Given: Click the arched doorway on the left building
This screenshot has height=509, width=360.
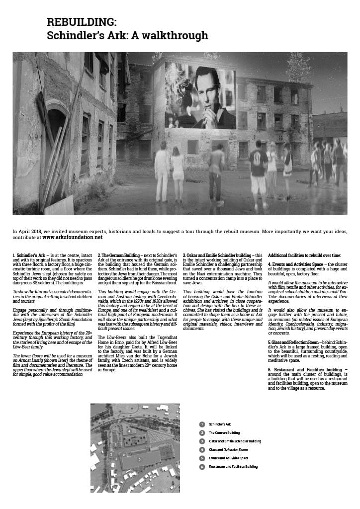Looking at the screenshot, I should (56, 129).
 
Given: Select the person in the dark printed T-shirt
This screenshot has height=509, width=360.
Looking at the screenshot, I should (258, 169).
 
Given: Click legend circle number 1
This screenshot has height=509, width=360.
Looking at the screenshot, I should (202, 424).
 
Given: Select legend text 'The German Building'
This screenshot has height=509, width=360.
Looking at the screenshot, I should (224, 433).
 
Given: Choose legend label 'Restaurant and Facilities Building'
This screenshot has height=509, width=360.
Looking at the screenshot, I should (233, 467).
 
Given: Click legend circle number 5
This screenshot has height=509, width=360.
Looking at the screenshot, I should (202, 458).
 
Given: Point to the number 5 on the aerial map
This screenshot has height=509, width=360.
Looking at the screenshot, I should (140, 460).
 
